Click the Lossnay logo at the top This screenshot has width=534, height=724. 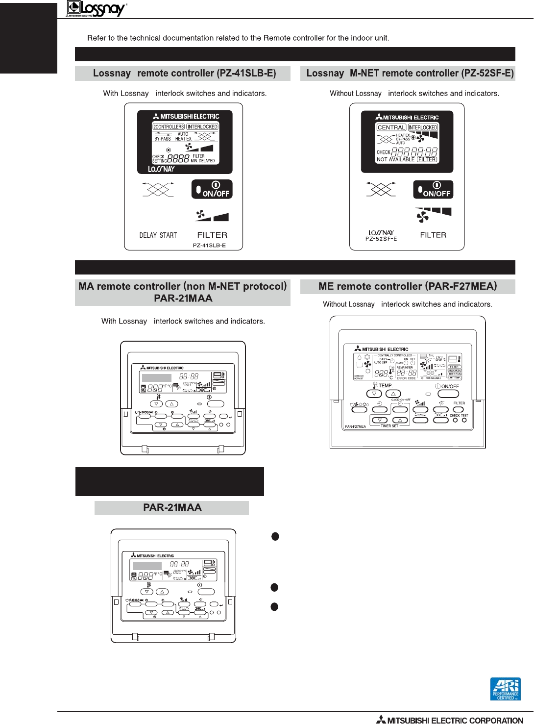97,8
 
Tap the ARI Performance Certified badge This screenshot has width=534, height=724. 505,689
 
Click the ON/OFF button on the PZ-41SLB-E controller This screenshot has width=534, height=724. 212,189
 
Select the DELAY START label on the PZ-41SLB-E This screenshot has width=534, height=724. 158,235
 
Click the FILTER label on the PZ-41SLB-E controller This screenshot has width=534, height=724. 212,235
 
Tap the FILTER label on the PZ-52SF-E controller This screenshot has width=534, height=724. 433,235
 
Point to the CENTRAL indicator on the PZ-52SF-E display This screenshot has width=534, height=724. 391,127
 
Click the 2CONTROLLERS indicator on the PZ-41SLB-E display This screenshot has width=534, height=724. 169,126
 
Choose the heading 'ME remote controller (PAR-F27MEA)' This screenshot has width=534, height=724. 408,286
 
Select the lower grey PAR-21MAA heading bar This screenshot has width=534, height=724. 172,508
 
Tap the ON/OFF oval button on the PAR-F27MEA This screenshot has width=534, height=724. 448,394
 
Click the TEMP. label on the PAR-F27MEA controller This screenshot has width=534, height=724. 386,386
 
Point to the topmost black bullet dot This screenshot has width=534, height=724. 275,536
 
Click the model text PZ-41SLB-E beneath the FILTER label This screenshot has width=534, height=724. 209,246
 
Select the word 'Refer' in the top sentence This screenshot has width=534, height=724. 97,38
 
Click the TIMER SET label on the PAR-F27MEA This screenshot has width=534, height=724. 389,426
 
